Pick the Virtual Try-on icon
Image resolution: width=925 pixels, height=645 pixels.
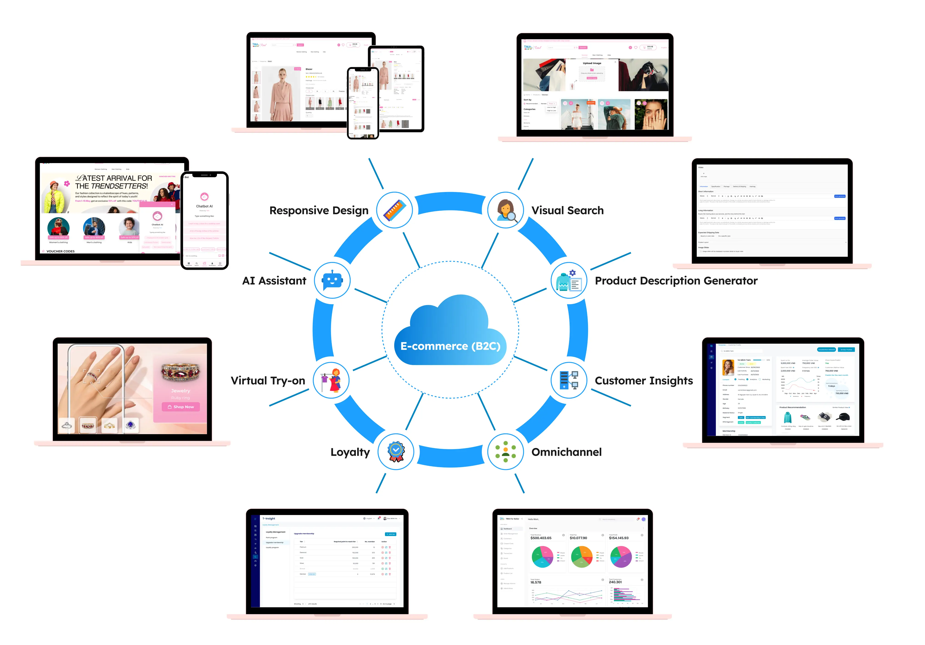[x=331, y=380]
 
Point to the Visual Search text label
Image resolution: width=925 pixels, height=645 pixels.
[x=567, y=210]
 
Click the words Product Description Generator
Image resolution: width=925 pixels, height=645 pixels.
[x=676, y=280]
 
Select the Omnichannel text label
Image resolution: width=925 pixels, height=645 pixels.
[x=566, y=452]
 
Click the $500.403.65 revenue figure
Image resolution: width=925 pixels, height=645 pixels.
[x=541, y=538]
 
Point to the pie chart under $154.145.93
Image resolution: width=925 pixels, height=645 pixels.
[x=621, y=557]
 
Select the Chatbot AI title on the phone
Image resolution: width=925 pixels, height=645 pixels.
[x=204, y=206]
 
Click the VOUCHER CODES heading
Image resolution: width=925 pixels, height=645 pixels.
[x=60, y=251]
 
